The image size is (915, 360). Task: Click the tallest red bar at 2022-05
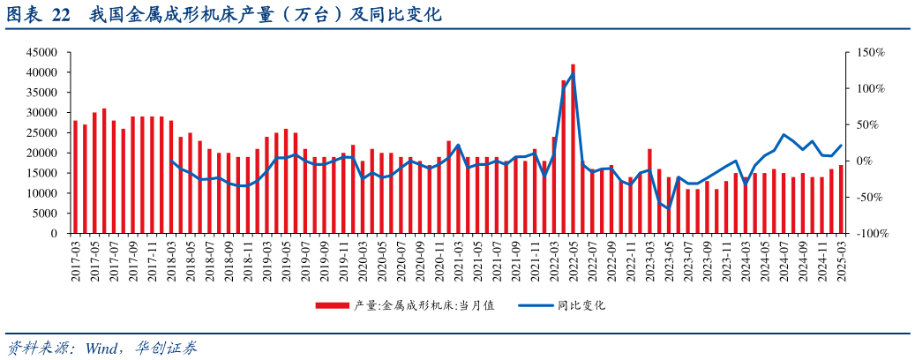pos(573,148)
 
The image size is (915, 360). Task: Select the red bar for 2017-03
pos(75,176)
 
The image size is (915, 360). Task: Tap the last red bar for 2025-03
pos(841,199)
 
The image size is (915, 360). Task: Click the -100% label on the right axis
pos(869,234)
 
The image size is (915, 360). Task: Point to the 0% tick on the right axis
pos(865,161)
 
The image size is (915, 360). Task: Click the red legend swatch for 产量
pos(333,306)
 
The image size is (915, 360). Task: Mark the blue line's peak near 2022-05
pos(573,73)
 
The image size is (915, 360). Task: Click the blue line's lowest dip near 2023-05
pos(668,209)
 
